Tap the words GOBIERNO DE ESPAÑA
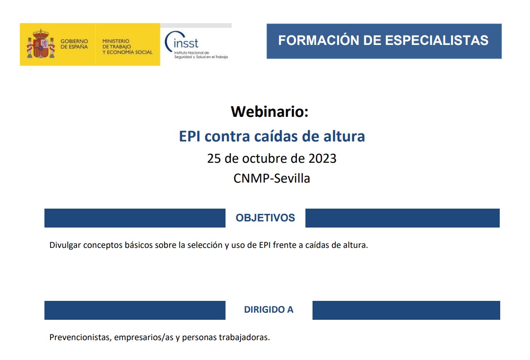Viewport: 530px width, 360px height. (x=74, y=44)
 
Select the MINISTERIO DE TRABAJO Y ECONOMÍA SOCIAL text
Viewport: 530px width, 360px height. (x=127, y=46)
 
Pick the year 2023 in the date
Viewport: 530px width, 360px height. (x=322, y=158)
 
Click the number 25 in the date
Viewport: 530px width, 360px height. (x=214, y=158)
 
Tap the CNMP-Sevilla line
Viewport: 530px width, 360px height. (x=272, y=178)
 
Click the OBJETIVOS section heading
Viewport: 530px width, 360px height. (x=265, y=218)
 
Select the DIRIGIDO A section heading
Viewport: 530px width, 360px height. (x=269, y=310)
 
